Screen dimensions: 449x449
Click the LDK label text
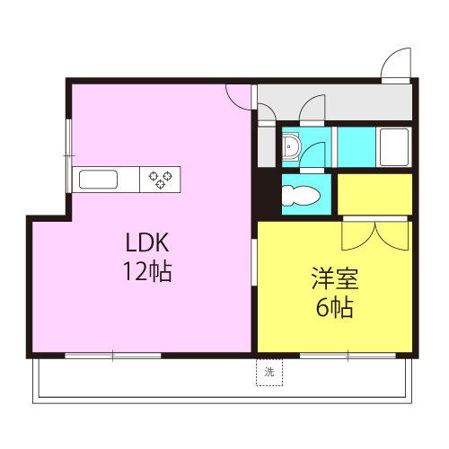147,242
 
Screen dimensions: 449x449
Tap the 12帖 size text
147,271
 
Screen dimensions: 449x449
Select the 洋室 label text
333,278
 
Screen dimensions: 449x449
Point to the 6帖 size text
333,308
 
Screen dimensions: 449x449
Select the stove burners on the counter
161,179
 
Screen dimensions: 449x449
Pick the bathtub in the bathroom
393,145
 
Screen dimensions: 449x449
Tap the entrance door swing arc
395,65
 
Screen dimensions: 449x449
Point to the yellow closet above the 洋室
374,194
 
